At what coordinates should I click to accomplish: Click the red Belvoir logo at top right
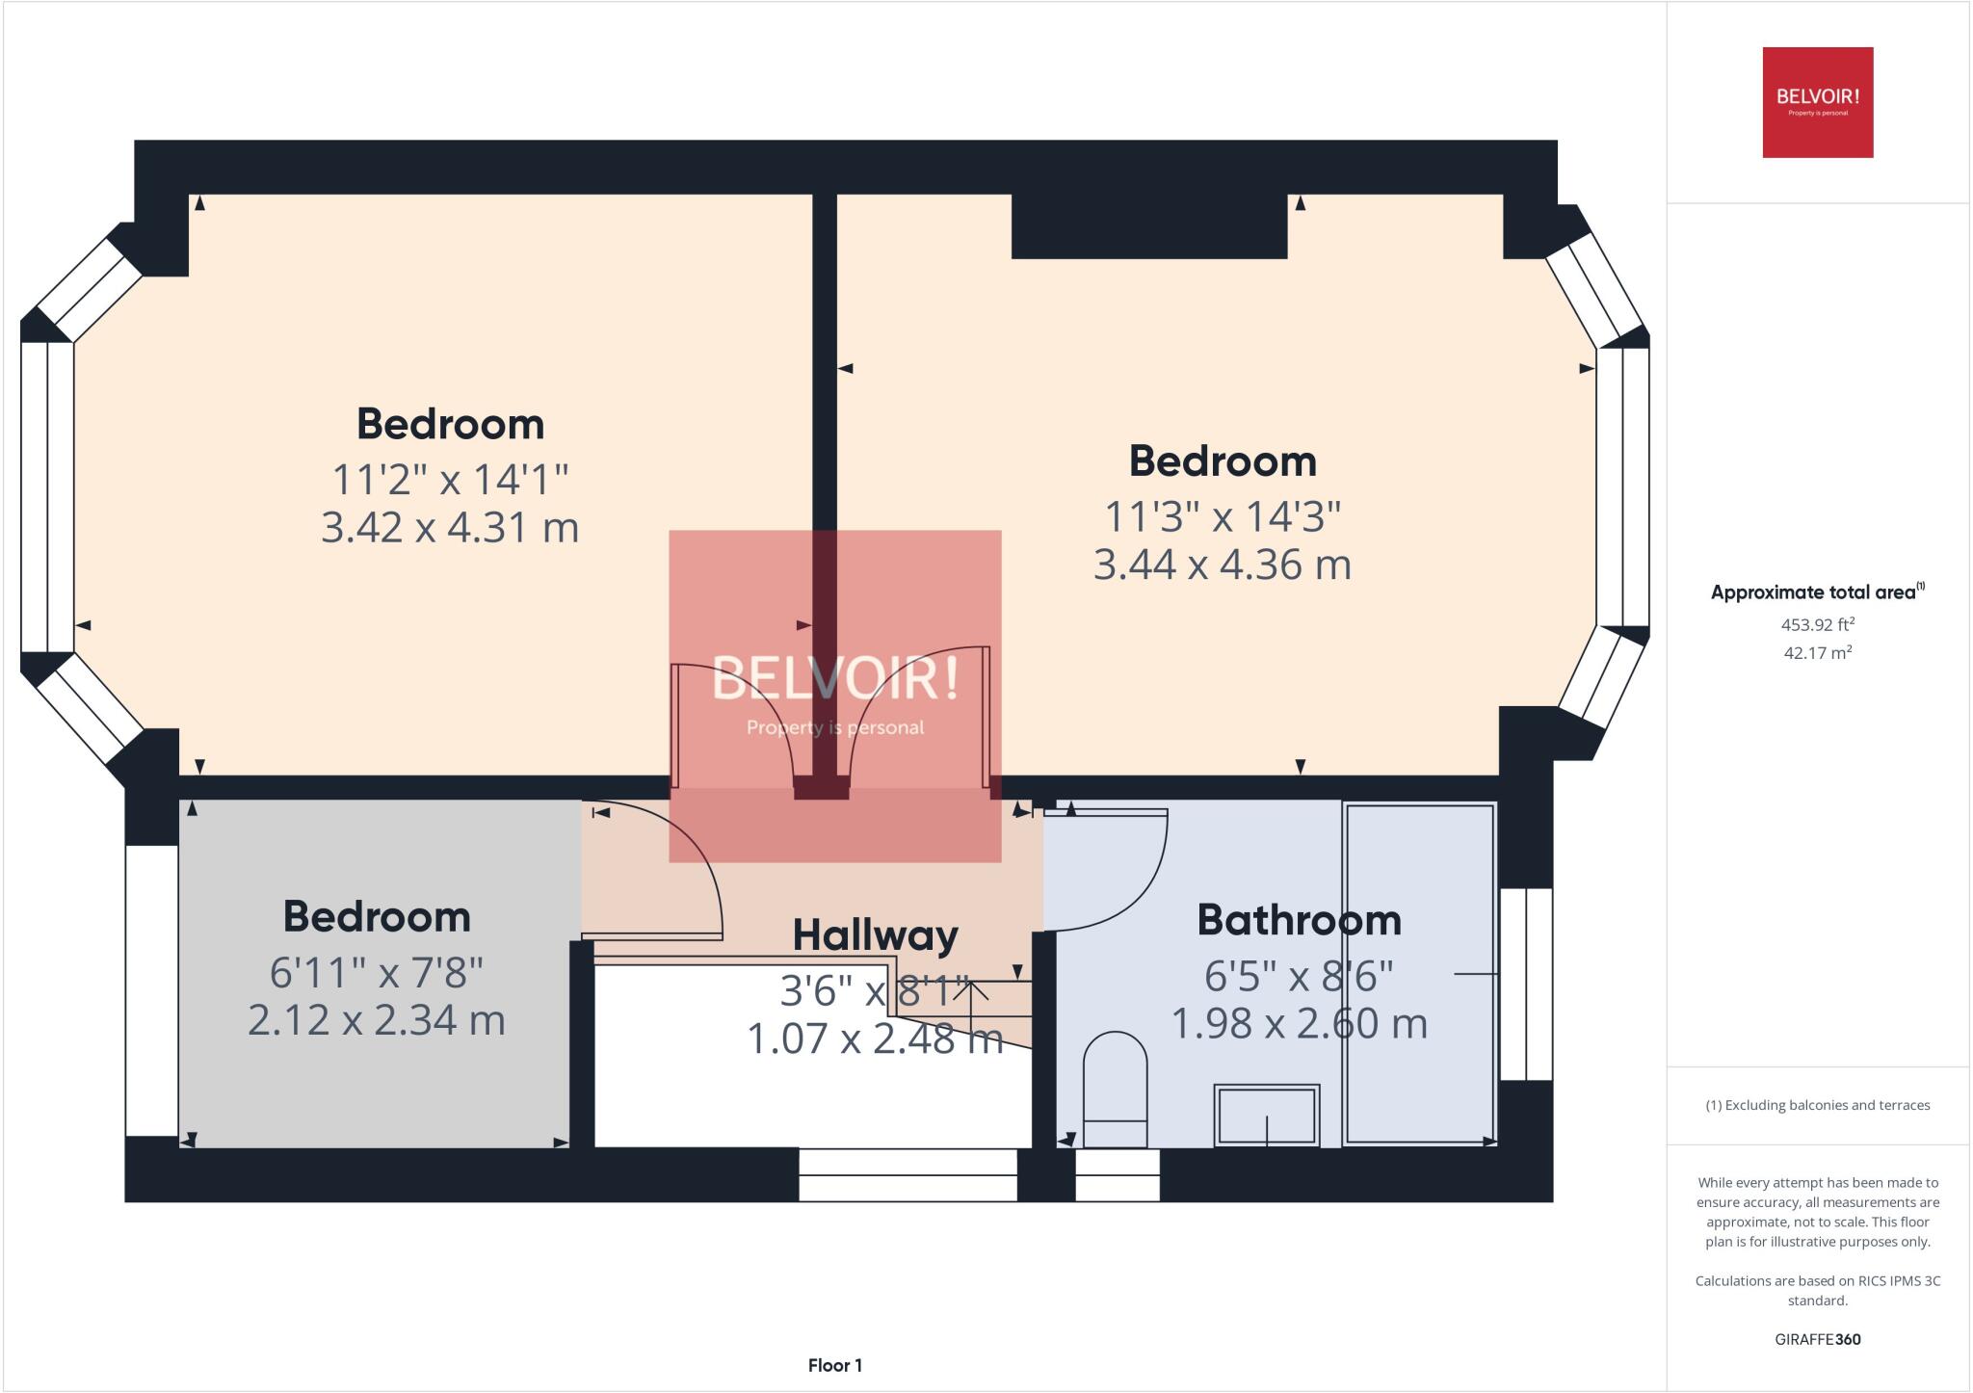(1817, 102)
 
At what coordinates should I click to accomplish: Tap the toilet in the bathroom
(1115, 1089)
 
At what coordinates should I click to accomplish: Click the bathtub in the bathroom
(1419, 973)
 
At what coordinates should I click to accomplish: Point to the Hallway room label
(875, 934)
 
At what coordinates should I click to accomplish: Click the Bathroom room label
(1299, 920)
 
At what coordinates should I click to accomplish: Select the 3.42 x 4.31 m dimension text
(450, 528)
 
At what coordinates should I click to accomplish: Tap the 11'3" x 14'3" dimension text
(1222, 517)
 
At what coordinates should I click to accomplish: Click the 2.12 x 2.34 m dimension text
(377, 1020)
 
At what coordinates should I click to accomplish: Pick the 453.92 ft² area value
(1817, 624)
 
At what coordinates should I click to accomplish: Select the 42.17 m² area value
(1817, 652)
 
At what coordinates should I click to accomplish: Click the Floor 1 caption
(834, 1365)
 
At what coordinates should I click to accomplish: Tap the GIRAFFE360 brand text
(1817, 1339)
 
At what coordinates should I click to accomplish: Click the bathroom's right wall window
(1526, 984)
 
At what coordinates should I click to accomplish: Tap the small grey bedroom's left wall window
(151, 990)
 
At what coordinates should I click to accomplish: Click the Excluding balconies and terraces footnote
(1817, 1105)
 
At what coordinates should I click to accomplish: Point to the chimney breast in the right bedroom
(1148, 226)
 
